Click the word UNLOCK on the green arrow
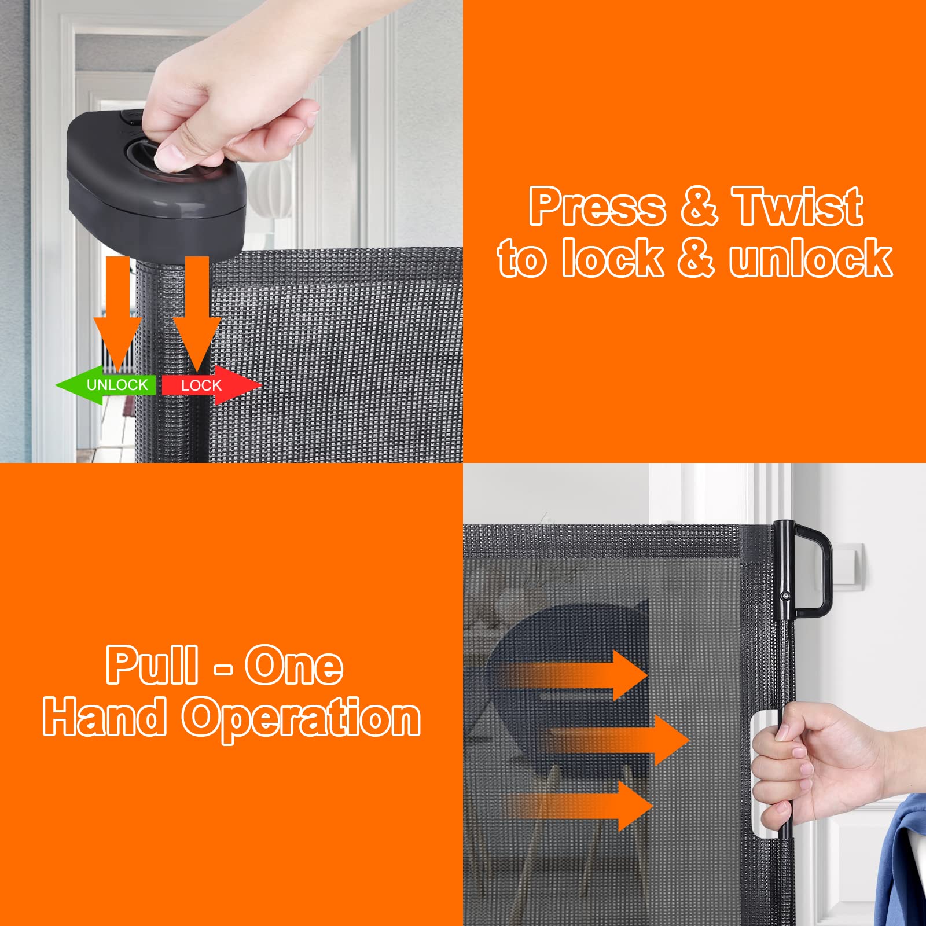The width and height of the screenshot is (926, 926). (x=117, y=385)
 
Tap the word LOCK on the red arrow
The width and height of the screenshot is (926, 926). (x=201, y=385)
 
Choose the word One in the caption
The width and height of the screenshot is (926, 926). (x=294, y=666)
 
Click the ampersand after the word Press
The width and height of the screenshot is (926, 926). (x=699, y=207)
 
